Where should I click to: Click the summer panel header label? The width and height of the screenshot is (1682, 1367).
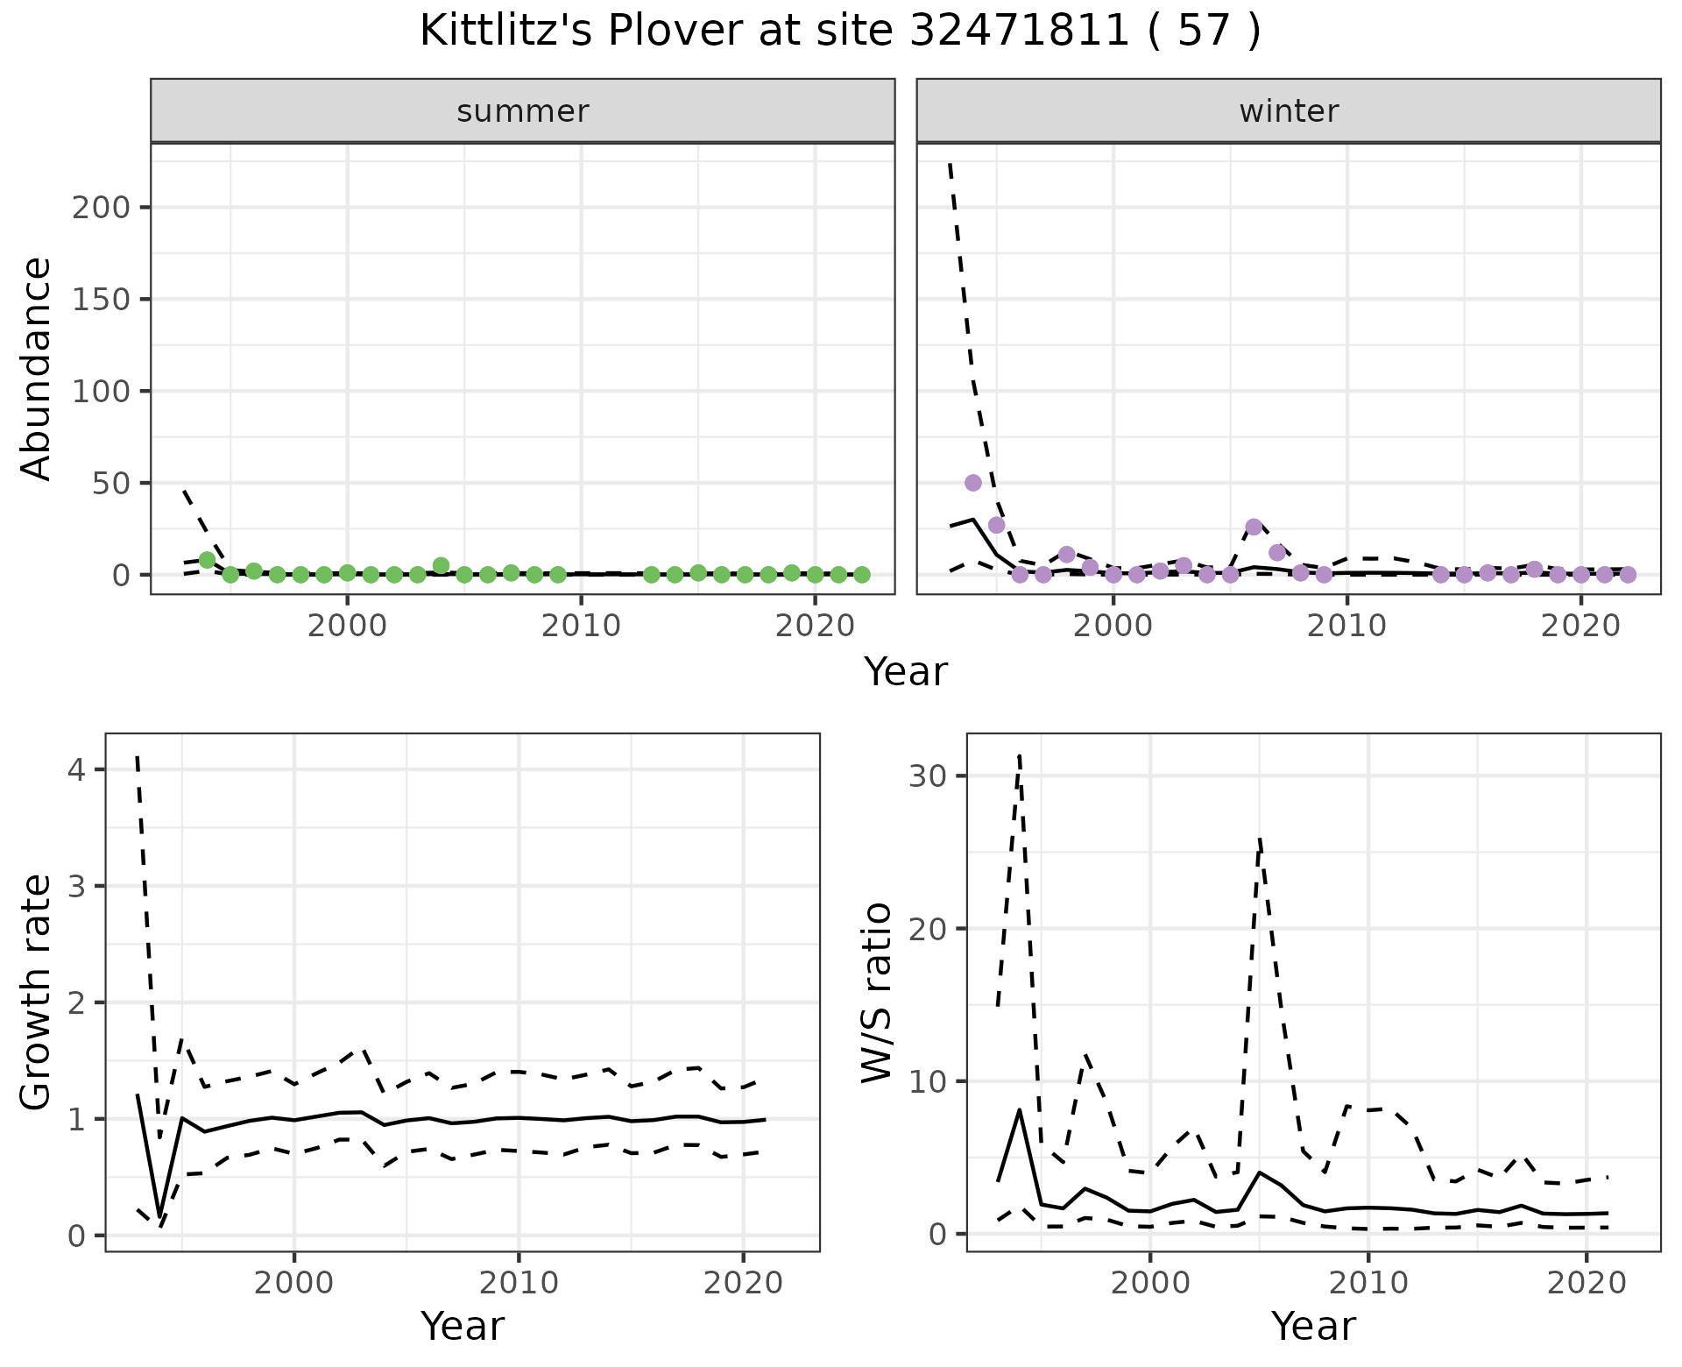[x=523, y=111]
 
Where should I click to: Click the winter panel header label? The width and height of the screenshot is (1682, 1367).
[x=1289, y=111]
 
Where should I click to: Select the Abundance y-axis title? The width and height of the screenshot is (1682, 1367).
[x=36, y=369]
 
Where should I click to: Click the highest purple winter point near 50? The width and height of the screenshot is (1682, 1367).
[x=972, y=483]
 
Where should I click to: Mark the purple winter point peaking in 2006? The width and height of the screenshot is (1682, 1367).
[x=1254, y=527]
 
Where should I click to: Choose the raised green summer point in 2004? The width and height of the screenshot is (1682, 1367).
[x=442, y=566]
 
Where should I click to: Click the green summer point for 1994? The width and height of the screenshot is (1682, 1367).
[x=208, y=560]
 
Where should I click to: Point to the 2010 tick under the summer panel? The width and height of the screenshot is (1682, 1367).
[x=581, y=626]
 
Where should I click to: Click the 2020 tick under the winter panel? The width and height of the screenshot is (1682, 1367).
[x=1580, y=626]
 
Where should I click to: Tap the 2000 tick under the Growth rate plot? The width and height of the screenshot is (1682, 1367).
[x=294, y=1283]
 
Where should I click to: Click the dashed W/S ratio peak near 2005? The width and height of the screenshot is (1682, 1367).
[x=1259, y=839]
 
